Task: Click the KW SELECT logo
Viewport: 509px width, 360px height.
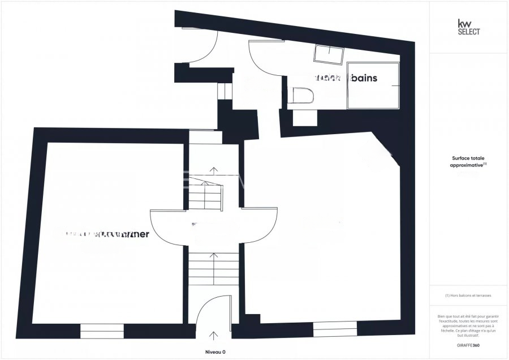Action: coord(468,27)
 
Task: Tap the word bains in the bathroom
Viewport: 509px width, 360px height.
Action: coord(364,78)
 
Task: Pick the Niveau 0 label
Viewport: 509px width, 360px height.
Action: coord(215,352)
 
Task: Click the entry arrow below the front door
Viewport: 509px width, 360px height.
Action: coord(214,337)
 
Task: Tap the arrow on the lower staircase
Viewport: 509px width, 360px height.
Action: coord(214,257)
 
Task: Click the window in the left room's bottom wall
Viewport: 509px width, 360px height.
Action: coord(102,331)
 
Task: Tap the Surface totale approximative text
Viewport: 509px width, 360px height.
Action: coord(469,162)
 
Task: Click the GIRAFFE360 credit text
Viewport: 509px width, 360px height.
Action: coord(468,345)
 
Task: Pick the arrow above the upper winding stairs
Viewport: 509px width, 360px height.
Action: coord(214,170)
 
